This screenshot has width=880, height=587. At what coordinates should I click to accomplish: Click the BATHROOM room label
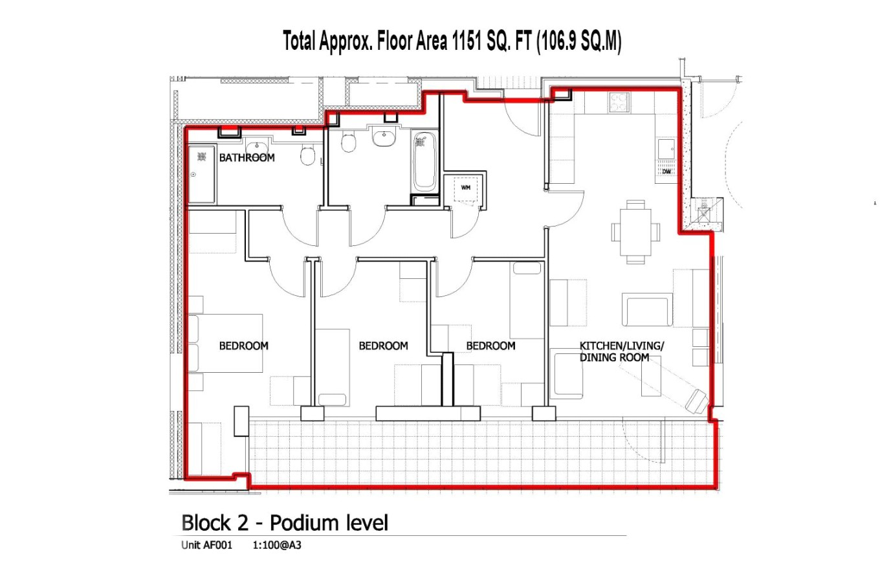pyautogui.click(x=247, y=157)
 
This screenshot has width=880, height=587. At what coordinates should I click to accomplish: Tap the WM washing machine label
pyautogui.click(x=465, y=188)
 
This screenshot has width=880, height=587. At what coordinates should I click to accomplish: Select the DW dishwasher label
pyautogui.click(x=666, y=172)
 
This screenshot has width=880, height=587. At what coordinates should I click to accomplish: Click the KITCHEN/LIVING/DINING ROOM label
pyautogui.click(x=621, y=351)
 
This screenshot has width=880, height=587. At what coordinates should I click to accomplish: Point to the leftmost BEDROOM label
pyautogui.click(x=243, y=346)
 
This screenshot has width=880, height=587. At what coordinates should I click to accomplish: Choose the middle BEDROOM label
pyautogui.click(x=383, y=346)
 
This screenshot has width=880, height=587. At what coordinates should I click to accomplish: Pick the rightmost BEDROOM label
pyautogui.click(x=490, y=346)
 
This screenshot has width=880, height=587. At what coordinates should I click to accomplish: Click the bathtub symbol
pyautogui.click(x=424, y=161)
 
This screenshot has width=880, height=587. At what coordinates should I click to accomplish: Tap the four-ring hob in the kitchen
pyautogui.click(x=619, y=103)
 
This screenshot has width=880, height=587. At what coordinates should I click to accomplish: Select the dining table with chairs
pyautogui.click(x=635, y=232)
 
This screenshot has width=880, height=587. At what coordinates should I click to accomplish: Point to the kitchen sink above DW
pyautogui.click(x=666, y=149)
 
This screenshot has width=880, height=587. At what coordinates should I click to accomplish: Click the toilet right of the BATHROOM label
pyautogui.click(x=308, y=155)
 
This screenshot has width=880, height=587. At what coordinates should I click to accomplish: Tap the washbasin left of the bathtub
pyautogui.click(x=384, y=137)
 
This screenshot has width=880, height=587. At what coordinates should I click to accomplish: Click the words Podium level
pyautogui.click(x=329, y=522)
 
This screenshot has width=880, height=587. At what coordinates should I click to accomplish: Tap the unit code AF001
pyautogui.click(x=217, y=545)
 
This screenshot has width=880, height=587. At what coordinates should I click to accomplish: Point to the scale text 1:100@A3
pyautogui.click(x=276, y=545)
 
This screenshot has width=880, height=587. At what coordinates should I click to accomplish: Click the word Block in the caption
pyautogui.click(x=206, y=522)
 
